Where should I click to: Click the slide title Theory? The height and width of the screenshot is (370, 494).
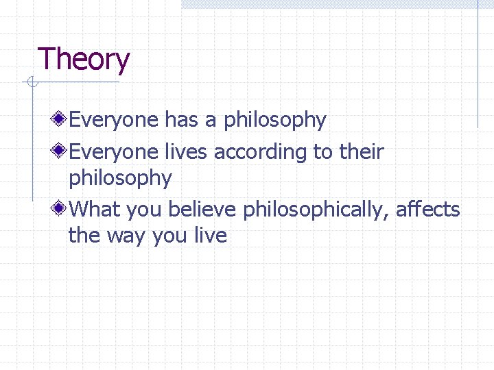click(83, 60)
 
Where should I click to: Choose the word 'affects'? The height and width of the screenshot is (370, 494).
click(428, 209)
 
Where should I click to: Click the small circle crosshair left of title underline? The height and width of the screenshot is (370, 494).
click(30, 83)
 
